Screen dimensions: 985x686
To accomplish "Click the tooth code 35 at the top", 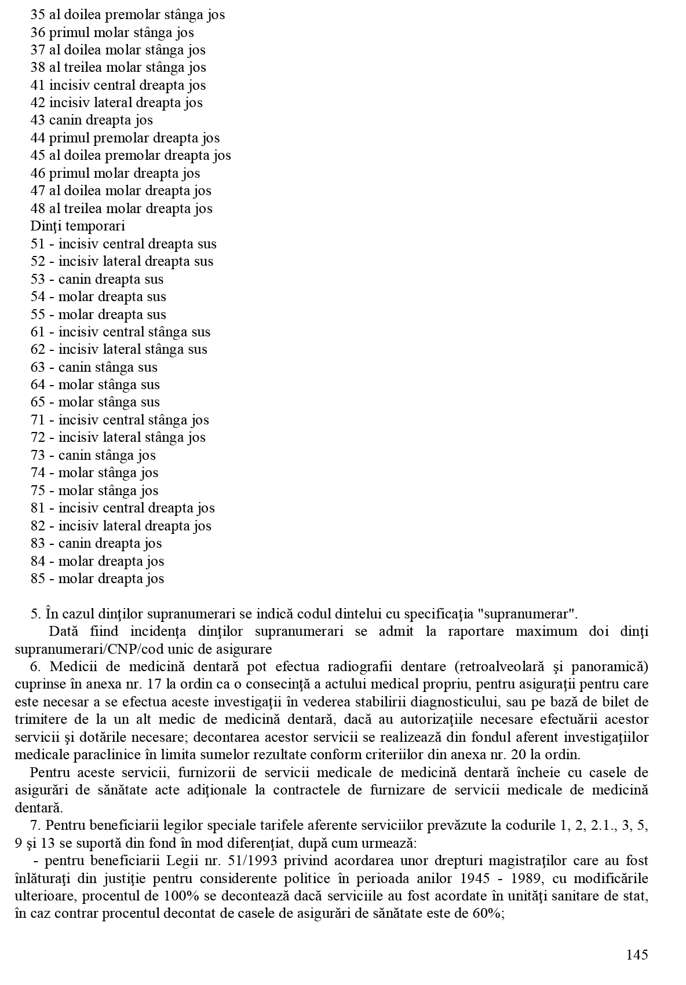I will pyautogui.click(x=38, y=14).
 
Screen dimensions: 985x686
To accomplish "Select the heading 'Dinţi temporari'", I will pyautogui.click(x=78, y=226).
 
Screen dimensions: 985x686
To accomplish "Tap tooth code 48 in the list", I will pyautogui.click(x=38, y=208).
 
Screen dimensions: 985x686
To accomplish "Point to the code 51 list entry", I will pyautogui.click(x=38, y=244).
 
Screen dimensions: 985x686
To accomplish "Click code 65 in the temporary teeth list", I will pyautogui.click(x=38, y=402).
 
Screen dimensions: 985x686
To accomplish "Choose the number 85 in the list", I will pyautogui.click(x=38, y=578).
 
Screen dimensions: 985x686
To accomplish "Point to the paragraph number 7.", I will pyautogui.click(x=34, y=826).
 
